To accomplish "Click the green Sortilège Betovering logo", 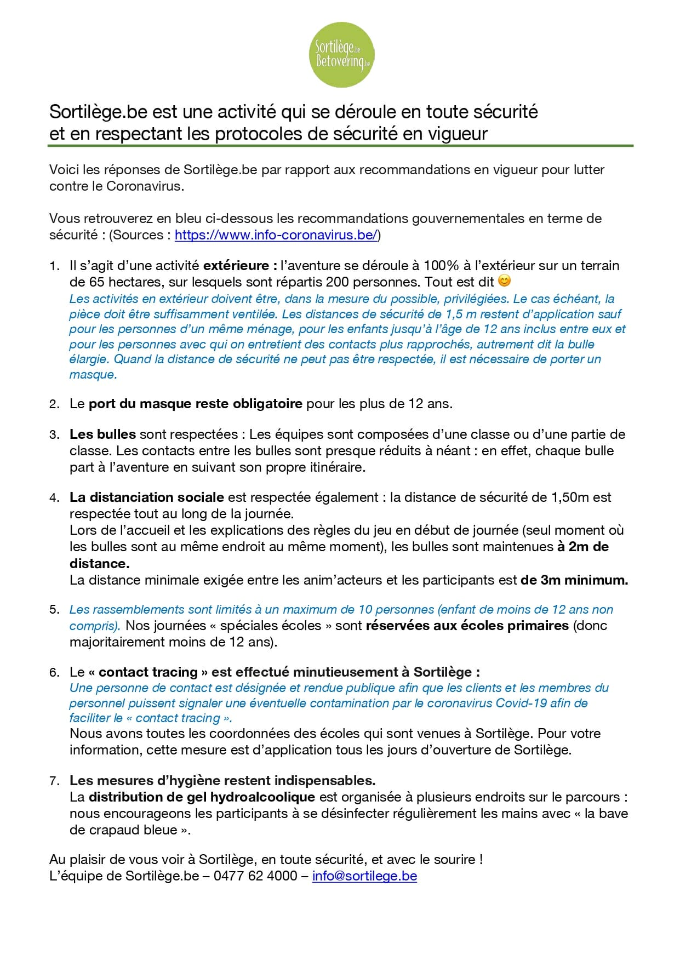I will click(342, 55).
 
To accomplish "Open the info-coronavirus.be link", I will click(276, 235).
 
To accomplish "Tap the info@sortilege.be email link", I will click(364, 876).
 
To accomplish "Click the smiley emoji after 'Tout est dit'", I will click(504, 281).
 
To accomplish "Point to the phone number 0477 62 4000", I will click(255, 876).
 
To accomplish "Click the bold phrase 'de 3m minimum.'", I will click(574, 580).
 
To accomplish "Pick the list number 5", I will click(54, 610).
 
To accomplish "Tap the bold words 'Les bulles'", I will click(102, 434).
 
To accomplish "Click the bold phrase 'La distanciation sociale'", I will click(146, 497).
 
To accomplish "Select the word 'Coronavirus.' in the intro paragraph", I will click(145, 186).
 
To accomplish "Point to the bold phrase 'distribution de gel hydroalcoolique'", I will click(202, 797).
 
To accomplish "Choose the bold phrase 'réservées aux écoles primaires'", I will click(467, 626).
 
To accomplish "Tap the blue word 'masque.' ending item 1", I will click(93, 375).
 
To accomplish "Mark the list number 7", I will click(54, 781).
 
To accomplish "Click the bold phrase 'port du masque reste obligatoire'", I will click(195, 404).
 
